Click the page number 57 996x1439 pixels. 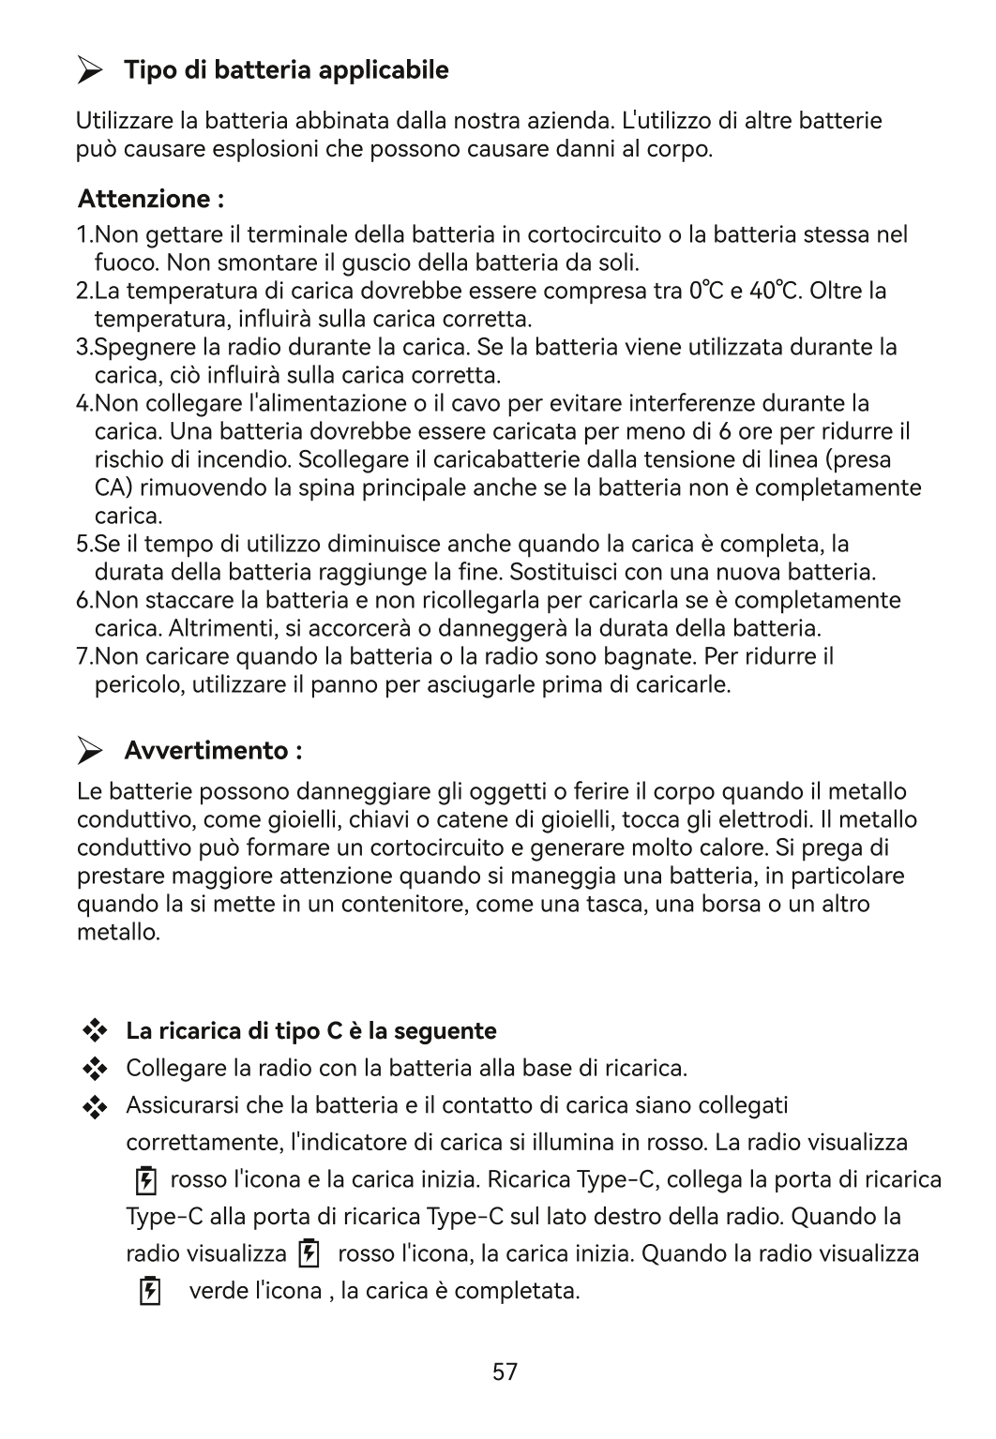(505, 1372)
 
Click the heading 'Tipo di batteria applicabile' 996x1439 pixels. (286, 70)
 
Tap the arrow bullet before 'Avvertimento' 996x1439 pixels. (91, 751)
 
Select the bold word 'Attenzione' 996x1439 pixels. (143, 199)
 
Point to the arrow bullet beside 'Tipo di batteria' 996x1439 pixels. (91, 70)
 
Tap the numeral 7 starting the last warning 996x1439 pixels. (82, 656)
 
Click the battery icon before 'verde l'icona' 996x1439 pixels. (148, 1292)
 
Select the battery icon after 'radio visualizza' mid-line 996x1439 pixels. (308, 1253)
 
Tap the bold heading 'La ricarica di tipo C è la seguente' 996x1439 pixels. (310, 1031)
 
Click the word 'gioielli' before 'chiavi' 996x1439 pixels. (302, 820)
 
